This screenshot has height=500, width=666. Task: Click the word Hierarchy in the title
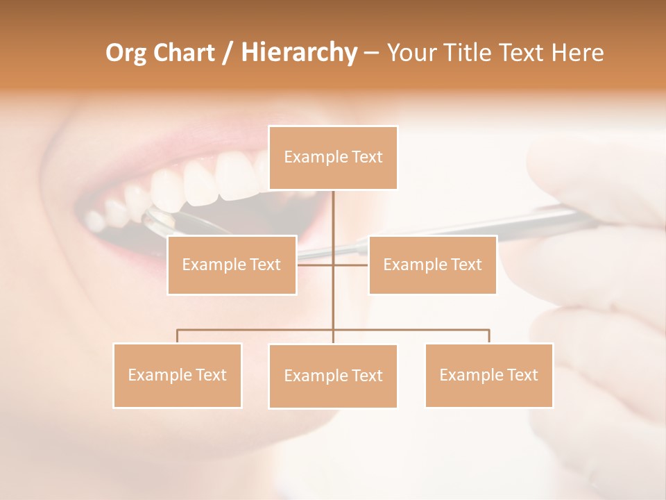coord(298,53)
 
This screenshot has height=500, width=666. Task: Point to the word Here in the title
coord(578,53)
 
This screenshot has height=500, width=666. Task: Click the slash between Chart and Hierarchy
coord(227,53)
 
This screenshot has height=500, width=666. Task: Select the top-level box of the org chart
coord(333,158)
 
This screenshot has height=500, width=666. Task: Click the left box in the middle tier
coord(232,265)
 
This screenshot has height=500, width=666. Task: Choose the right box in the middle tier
coord(432,265)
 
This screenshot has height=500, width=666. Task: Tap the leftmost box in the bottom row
coord(178,375)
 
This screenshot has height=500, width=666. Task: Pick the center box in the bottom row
coord(333,376)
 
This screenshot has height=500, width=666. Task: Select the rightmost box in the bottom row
coord(489,375)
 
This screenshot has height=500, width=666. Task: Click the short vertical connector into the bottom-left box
coord(178,336)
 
